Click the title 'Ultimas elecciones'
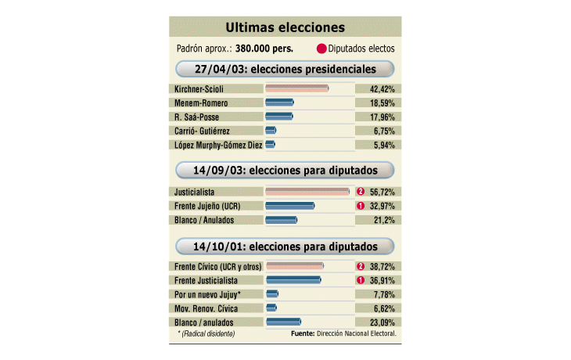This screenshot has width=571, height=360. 285,27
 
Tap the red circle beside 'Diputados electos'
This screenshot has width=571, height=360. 321,49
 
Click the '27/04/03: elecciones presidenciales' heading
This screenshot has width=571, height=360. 285,69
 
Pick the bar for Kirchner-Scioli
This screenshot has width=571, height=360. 296,88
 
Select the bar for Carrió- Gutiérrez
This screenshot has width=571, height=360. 271,131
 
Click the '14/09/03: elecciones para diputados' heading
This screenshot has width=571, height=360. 285,171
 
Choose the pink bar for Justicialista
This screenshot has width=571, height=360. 307,191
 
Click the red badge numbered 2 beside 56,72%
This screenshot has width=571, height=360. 361,191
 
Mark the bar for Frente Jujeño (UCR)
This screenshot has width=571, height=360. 289,206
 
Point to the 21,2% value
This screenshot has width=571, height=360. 383,220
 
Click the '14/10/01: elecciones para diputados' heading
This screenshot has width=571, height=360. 285,247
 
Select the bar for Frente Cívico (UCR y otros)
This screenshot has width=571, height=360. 294,266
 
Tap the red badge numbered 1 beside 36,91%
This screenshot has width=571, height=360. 361,280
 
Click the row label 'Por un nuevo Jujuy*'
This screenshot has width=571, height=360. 207,294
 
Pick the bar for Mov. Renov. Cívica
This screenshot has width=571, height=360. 271,308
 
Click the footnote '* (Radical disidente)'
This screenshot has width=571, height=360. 206,334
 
